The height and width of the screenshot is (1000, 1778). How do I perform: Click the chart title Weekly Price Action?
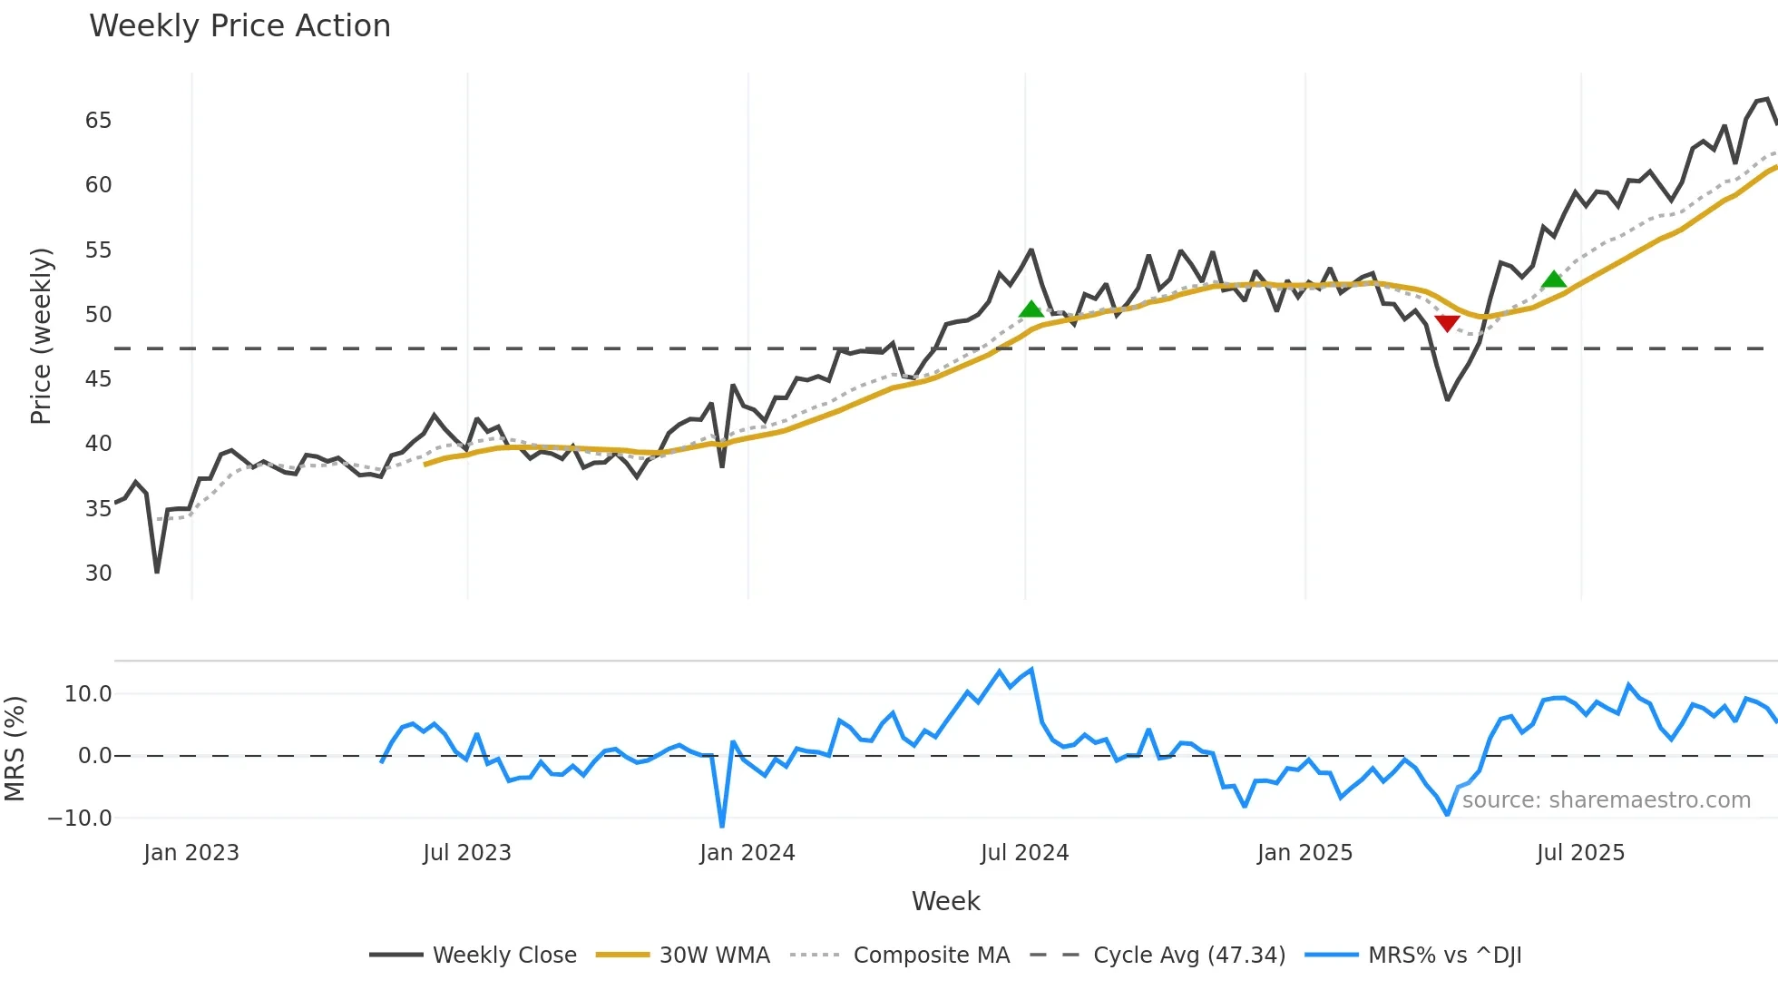click(239, 26)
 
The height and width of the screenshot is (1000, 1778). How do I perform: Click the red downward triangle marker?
click(1447, 323)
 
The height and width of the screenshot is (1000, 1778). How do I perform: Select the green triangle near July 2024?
click(1031, 309)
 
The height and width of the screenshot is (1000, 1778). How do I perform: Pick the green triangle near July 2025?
click(1554, 279)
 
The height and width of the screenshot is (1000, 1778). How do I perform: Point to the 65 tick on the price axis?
click(98, 121)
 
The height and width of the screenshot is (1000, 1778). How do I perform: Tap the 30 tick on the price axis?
click(98, 574)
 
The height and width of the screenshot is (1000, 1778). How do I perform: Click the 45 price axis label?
click(98, 379)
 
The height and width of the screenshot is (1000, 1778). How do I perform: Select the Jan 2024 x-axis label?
click(747, 853)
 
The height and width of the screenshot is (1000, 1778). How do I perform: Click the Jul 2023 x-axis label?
click(467, 853)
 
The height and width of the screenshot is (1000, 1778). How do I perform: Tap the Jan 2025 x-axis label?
click(1304, 853)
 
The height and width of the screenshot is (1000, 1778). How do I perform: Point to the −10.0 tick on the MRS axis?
click(80, 818)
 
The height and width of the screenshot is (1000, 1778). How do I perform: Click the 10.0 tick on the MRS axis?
click(88, 694)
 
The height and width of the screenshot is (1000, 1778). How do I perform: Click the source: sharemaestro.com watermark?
click(1606, 800)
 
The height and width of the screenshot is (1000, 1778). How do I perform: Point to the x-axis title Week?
click(945, 901)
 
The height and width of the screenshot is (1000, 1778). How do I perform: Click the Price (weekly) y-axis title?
click(41, 336)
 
